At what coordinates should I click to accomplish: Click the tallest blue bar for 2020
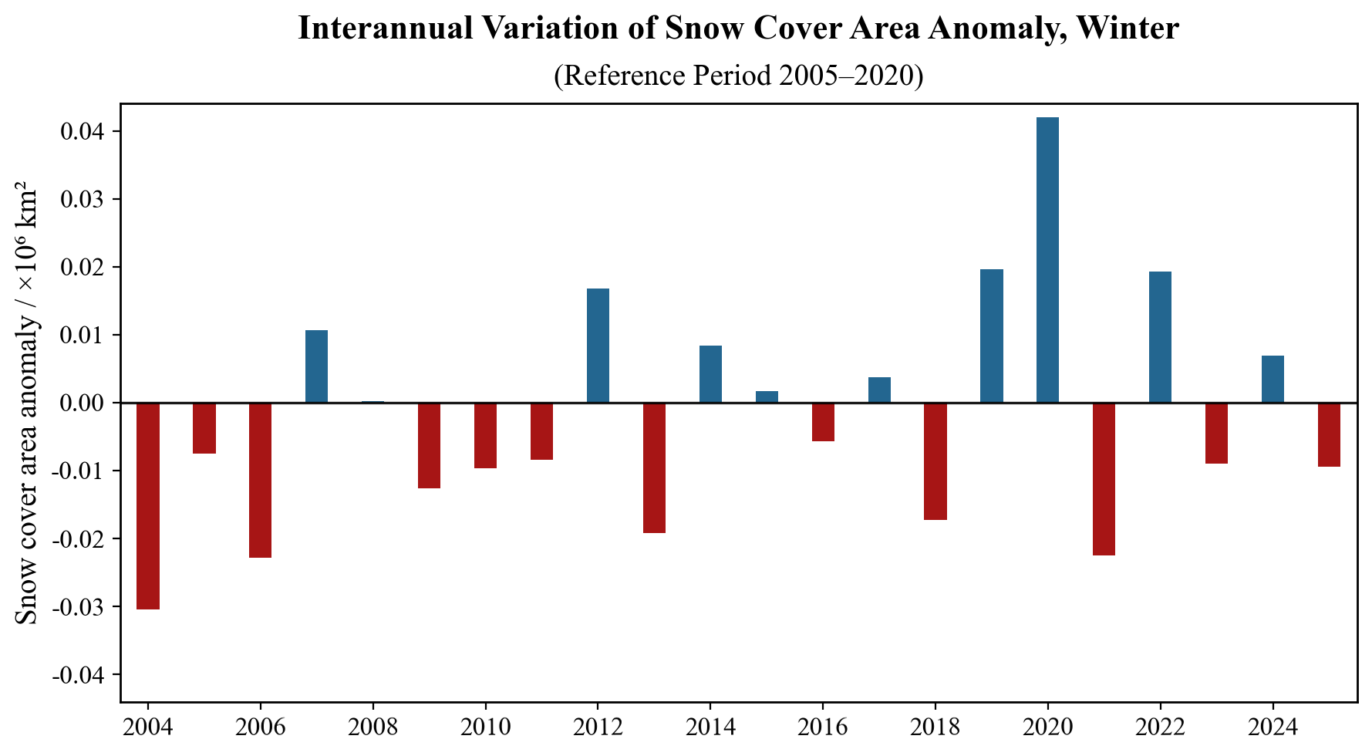[x=1047, y=260]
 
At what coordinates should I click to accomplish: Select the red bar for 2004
[x=148, y=506]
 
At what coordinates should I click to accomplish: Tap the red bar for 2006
[x=260, y=480]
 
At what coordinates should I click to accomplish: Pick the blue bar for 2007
[x=316, y=366]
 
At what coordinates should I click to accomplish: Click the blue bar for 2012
[x=598, y=346]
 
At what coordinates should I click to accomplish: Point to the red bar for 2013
[x=654, y=467]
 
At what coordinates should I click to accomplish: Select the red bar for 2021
[x=1104, y=479]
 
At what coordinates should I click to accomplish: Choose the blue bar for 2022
[x=1160, y=337]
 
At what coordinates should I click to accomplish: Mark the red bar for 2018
[x=935, y=461]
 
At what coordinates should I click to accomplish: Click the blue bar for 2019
[x=991, y=336]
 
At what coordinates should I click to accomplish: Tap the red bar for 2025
[x=1329, y=434]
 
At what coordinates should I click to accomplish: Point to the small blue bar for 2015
[x=767, y=397]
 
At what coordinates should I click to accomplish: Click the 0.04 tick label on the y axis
[x=83, y=132]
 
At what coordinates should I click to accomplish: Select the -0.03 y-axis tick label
[x=79, y=607]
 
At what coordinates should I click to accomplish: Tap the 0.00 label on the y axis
[x=83, y=403]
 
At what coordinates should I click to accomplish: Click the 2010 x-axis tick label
[x=485, y=727]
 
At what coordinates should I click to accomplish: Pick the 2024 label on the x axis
[x=1273, y=727]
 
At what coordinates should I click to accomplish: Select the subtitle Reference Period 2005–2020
[x=738, y=76]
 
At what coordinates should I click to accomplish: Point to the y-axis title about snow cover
[x=26, y=403]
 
